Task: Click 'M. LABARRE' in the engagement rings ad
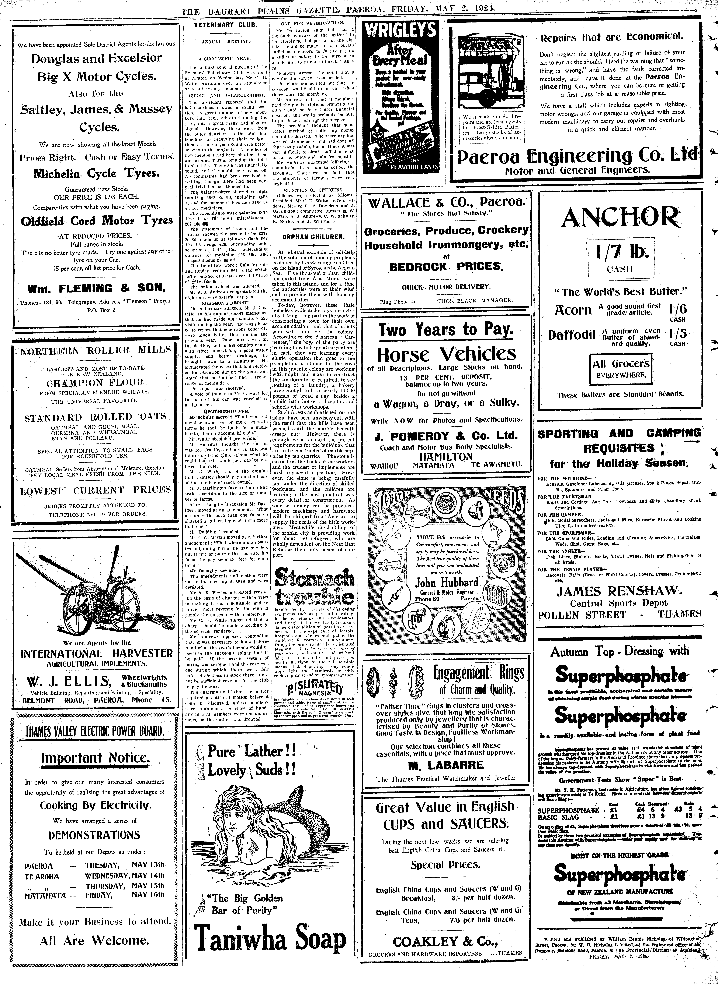coord(445,765)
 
